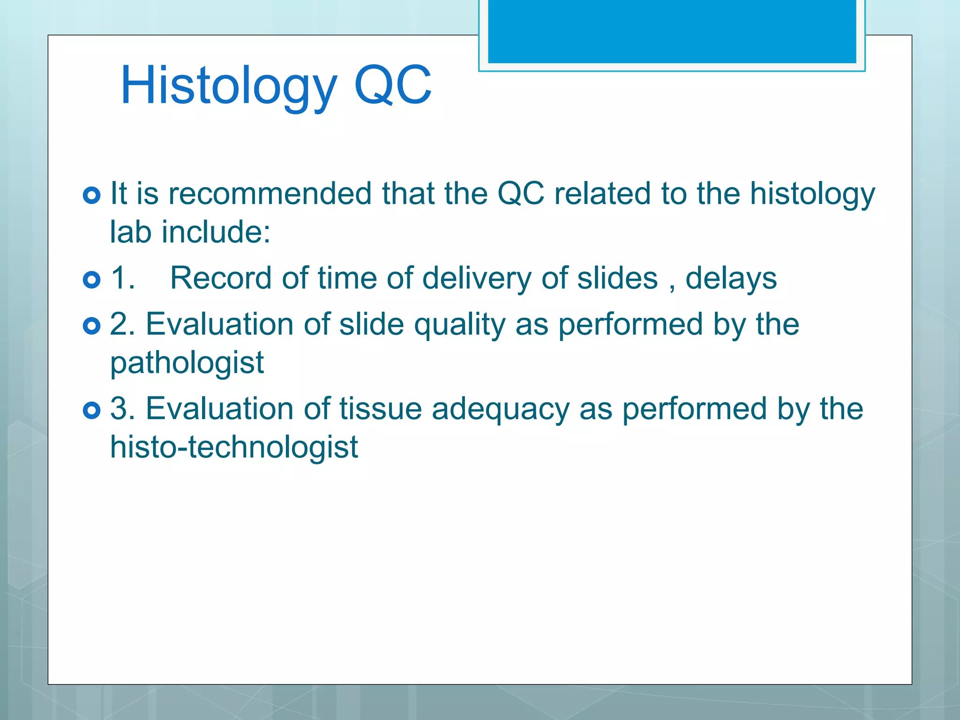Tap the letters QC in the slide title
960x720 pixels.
(393, 86)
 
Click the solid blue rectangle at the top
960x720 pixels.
(672, 31)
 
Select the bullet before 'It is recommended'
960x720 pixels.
(91, 195)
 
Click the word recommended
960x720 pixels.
(270, 193)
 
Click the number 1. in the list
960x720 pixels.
(123, 278)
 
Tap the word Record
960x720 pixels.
(221, 278)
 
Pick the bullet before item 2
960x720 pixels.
(91, 326)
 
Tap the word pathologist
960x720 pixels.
(187, 363)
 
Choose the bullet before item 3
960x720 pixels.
(91, 410)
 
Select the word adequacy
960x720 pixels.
(500, 409)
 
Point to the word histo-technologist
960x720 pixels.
(234, 447)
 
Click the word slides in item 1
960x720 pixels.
(617, 278)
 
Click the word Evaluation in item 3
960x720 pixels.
(220, 408)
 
